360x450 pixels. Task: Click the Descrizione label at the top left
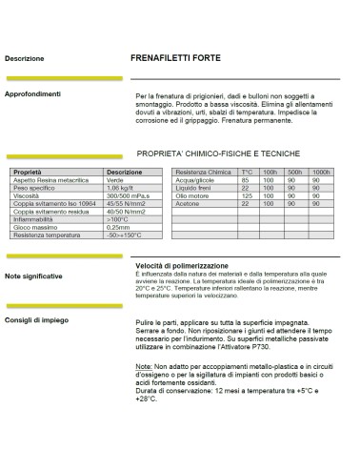[x=24, y=58]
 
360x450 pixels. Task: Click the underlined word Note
[x=142, y=367]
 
